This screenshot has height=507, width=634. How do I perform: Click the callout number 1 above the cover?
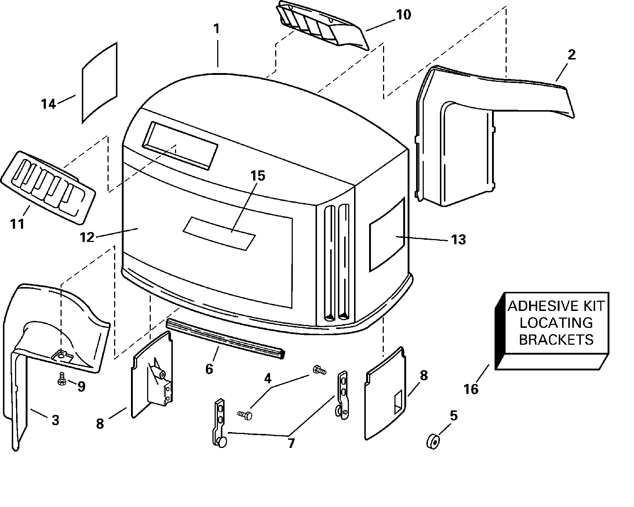(x=216, y=28)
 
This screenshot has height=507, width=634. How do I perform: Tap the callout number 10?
(x=403, y=15)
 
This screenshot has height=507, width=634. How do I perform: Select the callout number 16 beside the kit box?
(x=471, y=389)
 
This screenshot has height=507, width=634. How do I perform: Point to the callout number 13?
(x=458, y=239)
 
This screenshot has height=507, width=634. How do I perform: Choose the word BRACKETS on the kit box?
(x=556, y=340)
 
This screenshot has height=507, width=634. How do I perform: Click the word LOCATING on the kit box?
(x=556, y=323)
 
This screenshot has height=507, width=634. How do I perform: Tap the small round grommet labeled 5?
(x=433, y=441)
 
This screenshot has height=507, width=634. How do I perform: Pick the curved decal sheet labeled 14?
(x=99, y=83)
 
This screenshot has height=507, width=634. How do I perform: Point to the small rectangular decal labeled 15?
(x=219, y=233)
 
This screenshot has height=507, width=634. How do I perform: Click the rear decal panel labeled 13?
(x=387, y=235)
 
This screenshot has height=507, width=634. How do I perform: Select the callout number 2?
(x=571, y=55)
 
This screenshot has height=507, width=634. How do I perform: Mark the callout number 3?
(x=55, y=420)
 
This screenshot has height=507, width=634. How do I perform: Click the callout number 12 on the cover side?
(x=87, y=237)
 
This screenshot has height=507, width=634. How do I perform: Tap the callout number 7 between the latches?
(x=291, y=443)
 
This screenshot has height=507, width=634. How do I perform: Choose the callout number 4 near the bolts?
(x=268, y=379)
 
